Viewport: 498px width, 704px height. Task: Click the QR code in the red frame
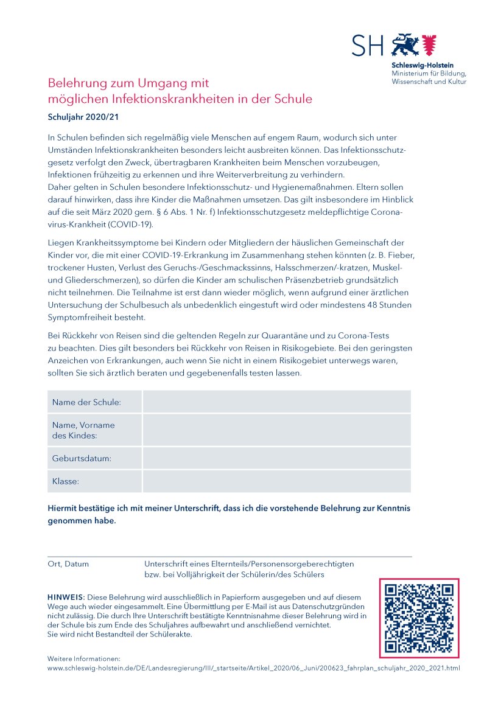(419, 618)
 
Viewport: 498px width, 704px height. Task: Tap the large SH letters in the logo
(368, 46)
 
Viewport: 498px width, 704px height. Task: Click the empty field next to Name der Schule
(276, 402)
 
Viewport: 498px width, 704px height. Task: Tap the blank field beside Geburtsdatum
(276, 458)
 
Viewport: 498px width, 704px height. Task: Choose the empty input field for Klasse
(276, 481)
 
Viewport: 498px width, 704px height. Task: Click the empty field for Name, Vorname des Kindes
(276, 430)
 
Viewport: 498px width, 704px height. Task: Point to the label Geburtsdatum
(82, 458)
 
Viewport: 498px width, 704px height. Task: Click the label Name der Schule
(86, 402)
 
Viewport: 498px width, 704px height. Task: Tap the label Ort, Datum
(68, 564)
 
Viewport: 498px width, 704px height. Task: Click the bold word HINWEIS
(65, 598)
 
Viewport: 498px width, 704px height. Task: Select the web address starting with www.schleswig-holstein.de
(253, 668)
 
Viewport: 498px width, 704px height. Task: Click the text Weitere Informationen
(84, 658)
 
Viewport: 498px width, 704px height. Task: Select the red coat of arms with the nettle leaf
(430, 44)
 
